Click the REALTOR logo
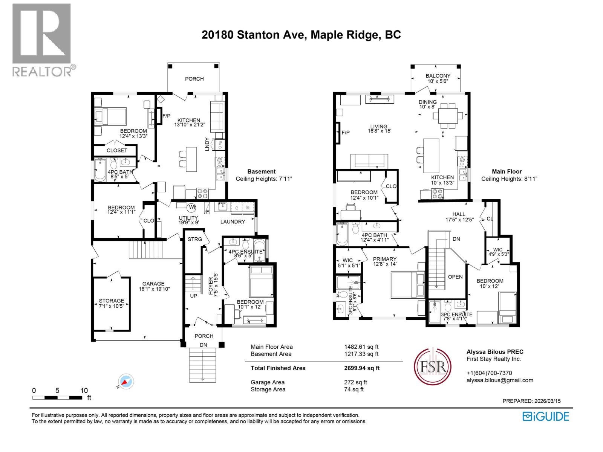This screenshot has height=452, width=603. pyautogui.click(x=42, y=40)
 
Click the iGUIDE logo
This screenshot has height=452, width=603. pyautogui.click(x=546, y=416)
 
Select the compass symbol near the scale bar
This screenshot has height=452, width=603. pyautogui.click(x=125, y=382)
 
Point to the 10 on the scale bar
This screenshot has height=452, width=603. pyautogui.click(x=84, y=390)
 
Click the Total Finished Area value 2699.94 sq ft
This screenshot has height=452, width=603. pyautogui.click(x=359, y=368)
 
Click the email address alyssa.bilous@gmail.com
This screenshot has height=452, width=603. pyautogui.click(x=500, y=380)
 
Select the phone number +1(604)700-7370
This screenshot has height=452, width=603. pyautogui.click(x=489, y=373)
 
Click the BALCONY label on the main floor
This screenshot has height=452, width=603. pyautogui.click(x=438, y=76)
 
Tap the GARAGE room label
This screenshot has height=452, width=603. pyautogui.click(x=153, y=284)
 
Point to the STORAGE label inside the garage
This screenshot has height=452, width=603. pyautogui.click(x=111, y=301)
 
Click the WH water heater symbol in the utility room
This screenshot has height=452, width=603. pyautogui.click(x=191, y=207)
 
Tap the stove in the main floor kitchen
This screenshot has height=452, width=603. pyautogui.click(x=438, y=194)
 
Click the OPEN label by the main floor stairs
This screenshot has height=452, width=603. pyautogui.click(x=455, y=277)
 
